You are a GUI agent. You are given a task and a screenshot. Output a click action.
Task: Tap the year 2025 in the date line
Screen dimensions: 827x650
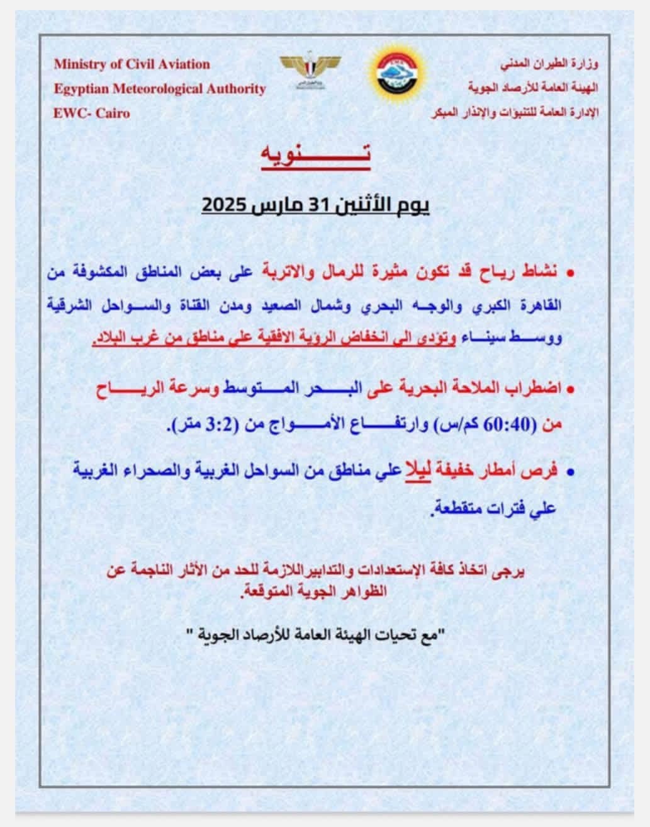pos(225,205)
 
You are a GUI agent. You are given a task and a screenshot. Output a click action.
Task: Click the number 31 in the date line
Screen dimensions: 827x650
pos(333,205)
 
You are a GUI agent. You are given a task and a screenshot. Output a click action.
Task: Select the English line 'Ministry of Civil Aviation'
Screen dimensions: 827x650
pos(132,64)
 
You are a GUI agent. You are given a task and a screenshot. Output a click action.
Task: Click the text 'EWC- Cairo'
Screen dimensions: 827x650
pos(92,114)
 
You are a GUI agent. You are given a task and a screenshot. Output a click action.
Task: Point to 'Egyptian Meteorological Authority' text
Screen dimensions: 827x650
pos(160,89)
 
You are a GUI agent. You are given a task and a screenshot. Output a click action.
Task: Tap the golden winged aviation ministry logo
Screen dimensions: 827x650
pos(311,69)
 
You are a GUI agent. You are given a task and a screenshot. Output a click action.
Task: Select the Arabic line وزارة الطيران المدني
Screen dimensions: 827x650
pos(550,64)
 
